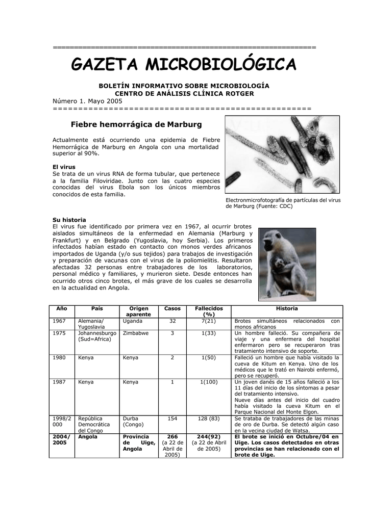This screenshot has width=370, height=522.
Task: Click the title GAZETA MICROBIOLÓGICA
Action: coord(183,65)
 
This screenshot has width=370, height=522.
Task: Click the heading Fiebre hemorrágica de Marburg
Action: coord(136,124)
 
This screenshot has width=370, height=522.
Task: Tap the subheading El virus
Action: coord(64,167)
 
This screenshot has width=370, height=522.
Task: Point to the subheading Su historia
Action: coord(69,220)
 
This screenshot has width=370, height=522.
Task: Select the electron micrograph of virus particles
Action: coord(282,154)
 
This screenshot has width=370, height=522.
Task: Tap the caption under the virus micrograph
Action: coord(283,203)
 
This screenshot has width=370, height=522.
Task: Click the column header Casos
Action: coord(172,309)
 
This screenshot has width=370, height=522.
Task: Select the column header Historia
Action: coord(287,309)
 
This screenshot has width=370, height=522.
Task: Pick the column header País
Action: coord(97,309)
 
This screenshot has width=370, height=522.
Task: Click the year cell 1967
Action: coord(59,321)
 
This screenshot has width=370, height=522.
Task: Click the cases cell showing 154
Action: coord(172,418)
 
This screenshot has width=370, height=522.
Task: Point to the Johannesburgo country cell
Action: coord(97,336)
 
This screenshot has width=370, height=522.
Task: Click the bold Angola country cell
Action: coord(88,437)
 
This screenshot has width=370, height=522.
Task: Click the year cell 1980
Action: coord(59,357)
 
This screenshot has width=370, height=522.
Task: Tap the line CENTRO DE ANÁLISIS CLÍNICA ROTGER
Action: coord(184,93)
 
